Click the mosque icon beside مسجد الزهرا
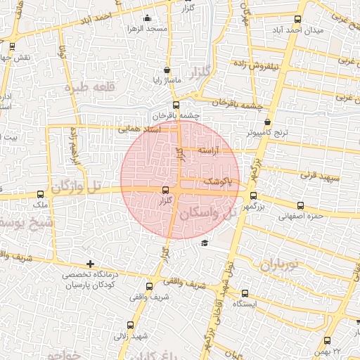point(147,18)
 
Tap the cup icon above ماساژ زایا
point(167,70)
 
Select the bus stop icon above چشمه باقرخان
point(176,105)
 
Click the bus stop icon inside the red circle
point(166,190)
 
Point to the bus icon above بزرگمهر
point(253,196)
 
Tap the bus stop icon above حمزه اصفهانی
point(301,205)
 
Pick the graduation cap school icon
point(204,243)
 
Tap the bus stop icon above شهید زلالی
point(131,325)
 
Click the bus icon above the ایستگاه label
point(245,293)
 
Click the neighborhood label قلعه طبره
point(89,88)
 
